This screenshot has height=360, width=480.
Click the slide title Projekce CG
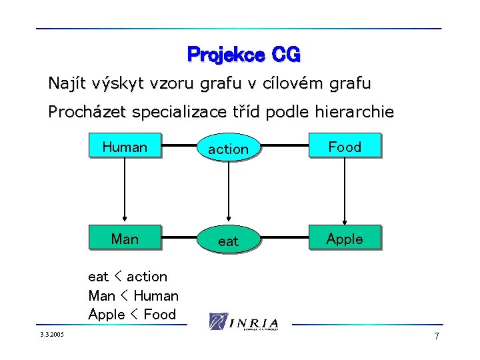pos(244,53)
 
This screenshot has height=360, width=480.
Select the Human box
pos(125,147)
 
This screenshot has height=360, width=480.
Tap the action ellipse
pos(228,149)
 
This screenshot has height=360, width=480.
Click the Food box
pos(345,147)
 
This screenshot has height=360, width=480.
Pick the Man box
pos(125,239)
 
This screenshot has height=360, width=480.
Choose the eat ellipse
pos(228,241)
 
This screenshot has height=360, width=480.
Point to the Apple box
pos(345,239)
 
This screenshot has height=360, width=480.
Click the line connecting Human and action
pos(179,145)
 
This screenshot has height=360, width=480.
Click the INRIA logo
pos(243,321)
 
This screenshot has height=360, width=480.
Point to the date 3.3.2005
pos(52,335)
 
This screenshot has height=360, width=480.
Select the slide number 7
pos(437,336)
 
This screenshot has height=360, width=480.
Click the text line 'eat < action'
pos(127,276)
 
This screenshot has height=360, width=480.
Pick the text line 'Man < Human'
pos(133,295)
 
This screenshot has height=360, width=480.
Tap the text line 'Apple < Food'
pos(132,314)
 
